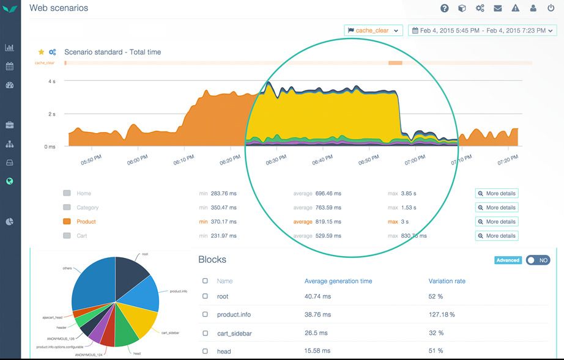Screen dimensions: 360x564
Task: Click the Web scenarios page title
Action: [x=59, y=8]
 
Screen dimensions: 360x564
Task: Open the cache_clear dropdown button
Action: [x=373, y=30]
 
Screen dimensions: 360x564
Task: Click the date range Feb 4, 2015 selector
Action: [x=482, y=30]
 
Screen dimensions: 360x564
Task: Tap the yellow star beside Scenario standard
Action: [x=42, y=52]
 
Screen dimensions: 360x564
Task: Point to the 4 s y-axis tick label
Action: [x=52, y=81]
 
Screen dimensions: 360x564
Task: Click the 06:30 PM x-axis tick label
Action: [x=276, y=161]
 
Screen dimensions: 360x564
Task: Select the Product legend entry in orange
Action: [x=86, y=221]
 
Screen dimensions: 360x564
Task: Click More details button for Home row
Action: [x=496, y=193]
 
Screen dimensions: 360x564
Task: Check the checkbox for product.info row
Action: [x=205, y=314]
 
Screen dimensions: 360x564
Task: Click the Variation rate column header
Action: [x=447, y=281]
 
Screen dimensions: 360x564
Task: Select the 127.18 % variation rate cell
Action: [x=442, y=314]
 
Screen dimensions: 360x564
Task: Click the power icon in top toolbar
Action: [x=551, y=8]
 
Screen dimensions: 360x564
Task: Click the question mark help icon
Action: [x=445, y=8]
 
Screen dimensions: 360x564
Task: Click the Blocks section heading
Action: [x=212, y=260]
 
